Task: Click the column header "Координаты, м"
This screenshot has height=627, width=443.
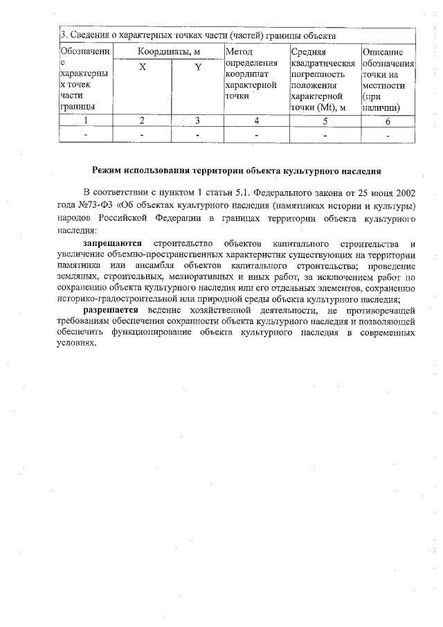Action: [168, 52]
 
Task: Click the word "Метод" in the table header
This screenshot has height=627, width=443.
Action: [239, 52]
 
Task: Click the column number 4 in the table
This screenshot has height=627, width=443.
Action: [256, 121]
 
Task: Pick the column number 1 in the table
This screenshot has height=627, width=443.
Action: [86, 121]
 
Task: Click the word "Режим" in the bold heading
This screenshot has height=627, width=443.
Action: [109, 170]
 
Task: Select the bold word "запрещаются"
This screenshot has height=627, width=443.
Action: [113, 244]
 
